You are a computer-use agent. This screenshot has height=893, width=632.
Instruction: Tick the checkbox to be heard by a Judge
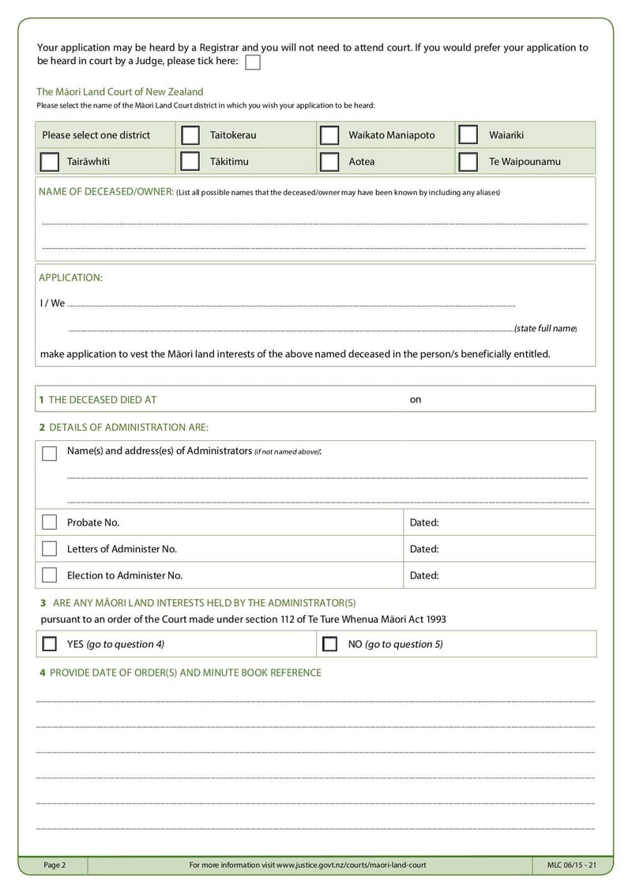click(x=253, y=62)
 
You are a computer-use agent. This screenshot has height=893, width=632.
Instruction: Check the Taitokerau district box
click(x=190, y=135)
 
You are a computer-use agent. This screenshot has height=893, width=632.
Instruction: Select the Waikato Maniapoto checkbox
click(x=329, y=135)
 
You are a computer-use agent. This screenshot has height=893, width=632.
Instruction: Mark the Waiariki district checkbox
click(x=468, y=135)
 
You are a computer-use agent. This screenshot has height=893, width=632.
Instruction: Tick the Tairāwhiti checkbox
click(x=49, y=162)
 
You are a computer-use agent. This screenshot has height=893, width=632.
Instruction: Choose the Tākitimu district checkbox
click(x=190, y=162)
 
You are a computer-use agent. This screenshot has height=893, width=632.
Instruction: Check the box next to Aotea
click(x=329, y=162)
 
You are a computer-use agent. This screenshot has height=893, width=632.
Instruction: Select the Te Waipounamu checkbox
click(x=468, y=162)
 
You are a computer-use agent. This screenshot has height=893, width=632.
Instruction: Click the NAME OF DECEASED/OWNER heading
click(x=106, y=192)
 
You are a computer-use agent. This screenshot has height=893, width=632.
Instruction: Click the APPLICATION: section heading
click(x=71, y=277)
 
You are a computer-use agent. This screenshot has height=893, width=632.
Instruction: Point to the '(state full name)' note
click(x=545, y=328)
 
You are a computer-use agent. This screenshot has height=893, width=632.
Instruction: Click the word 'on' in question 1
click(x=416, y=400)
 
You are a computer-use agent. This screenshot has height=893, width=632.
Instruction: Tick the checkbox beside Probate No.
click(x=50, y=522)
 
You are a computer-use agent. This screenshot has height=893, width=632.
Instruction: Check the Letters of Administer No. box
click(x=50, y=548)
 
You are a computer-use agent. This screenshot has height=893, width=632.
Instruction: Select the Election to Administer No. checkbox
click(x=50, y=575)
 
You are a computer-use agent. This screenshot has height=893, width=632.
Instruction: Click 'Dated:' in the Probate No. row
click(x=424, y=522)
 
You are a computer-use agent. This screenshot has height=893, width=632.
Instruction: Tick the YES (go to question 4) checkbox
click(x=50, y=644)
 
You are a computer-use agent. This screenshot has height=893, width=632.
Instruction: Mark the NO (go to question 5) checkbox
click(x=330, y=644)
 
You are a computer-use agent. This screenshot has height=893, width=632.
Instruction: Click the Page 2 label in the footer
click(x=55, y=865)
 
